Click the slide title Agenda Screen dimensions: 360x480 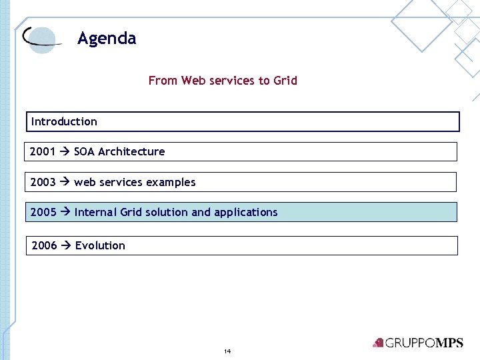coord(107,39)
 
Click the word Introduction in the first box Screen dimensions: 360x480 coord(64,121)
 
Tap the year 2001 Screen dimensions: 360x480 coord(43,151)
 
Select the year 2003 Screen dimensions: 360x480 coord(43,182)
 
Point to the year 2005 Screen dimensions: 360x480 coord(43,212)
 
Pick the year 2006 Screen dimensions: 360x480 coord(44,245)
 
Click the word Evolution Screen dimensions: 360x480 coord(100,245)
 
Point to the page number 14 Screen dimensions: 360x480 coord(227,351)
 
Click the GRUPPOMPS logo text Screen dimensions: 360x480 coord(424,343)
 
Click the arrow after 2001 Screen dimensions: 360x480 coord(65,151)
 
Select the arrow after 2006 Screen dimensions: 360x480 coord(66,245)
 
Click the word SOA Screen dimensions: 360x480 coord(84,151)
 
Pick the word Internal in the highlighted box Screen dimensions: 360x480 coord(96,212)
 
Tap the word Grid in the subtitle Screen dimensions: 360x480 coord(285,81)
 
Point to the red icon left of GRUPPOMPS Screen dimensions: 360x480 coord(379,343)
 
